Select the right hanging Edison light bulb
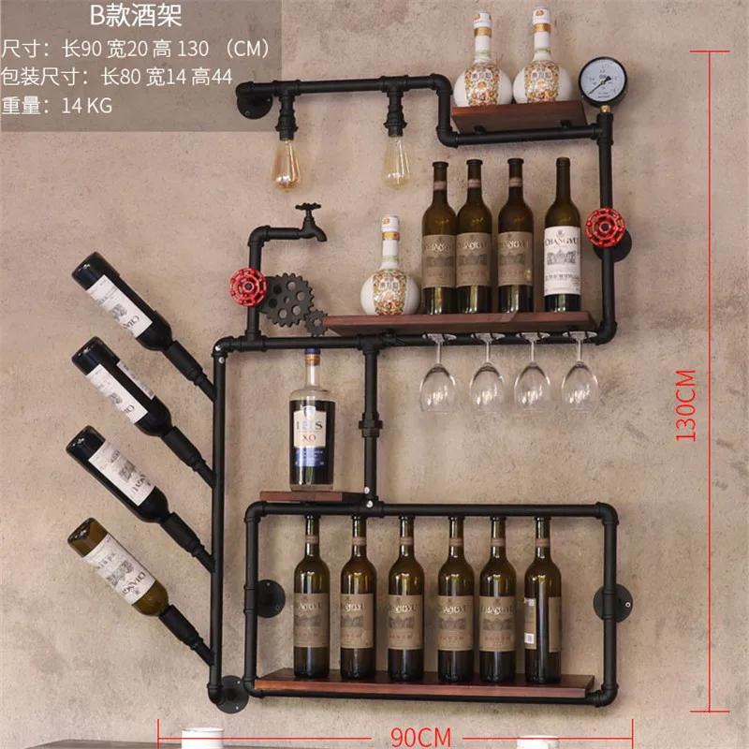(396, 161)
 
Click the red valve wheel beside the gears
(249, 286)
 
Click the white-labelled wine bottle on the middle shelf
(562, 239)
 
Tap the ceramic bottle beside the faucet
(389, 272)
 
